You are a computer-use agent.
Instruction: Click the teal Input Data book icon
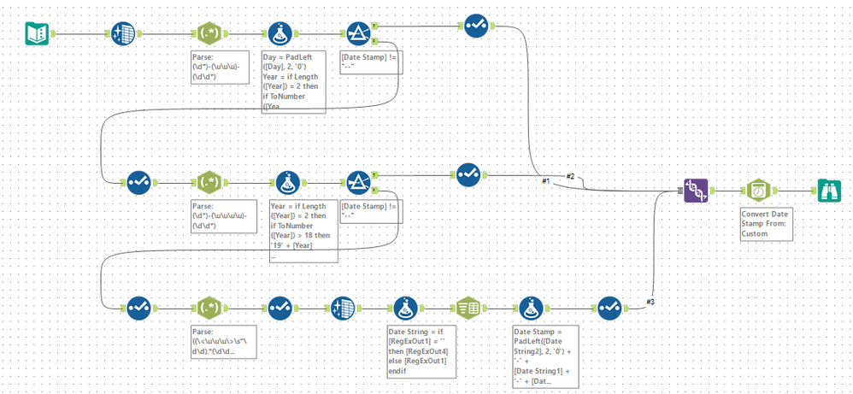(37, 33)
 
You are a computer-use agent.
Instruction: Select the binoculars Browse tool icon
(830, 191)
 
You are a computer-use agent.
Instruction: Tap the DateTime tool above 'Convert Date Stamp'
(757, 191)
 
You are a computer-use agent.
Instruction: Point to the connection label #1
(544, 181)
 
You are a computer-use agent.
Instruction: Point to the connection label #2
(571, 176)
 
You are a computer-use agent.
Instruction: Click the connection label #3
(651, 302)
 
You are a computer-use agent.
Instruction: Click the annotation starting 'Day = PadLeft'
(293, 82)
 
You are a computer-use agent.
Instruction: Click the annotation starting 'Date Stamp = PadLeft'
(545, 356)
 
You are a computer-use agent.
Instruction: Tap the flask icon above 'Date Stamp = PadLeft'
(531, 307)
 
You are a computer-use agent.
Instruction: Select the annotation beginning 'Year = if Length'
(303, 230)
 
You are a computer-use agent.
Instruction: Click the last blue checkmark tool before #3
(609, 307)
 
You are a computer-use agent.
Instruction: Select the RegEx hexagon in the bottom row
(209, 307)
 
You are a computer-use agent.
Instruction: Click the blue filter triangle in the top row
(359, 33)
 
